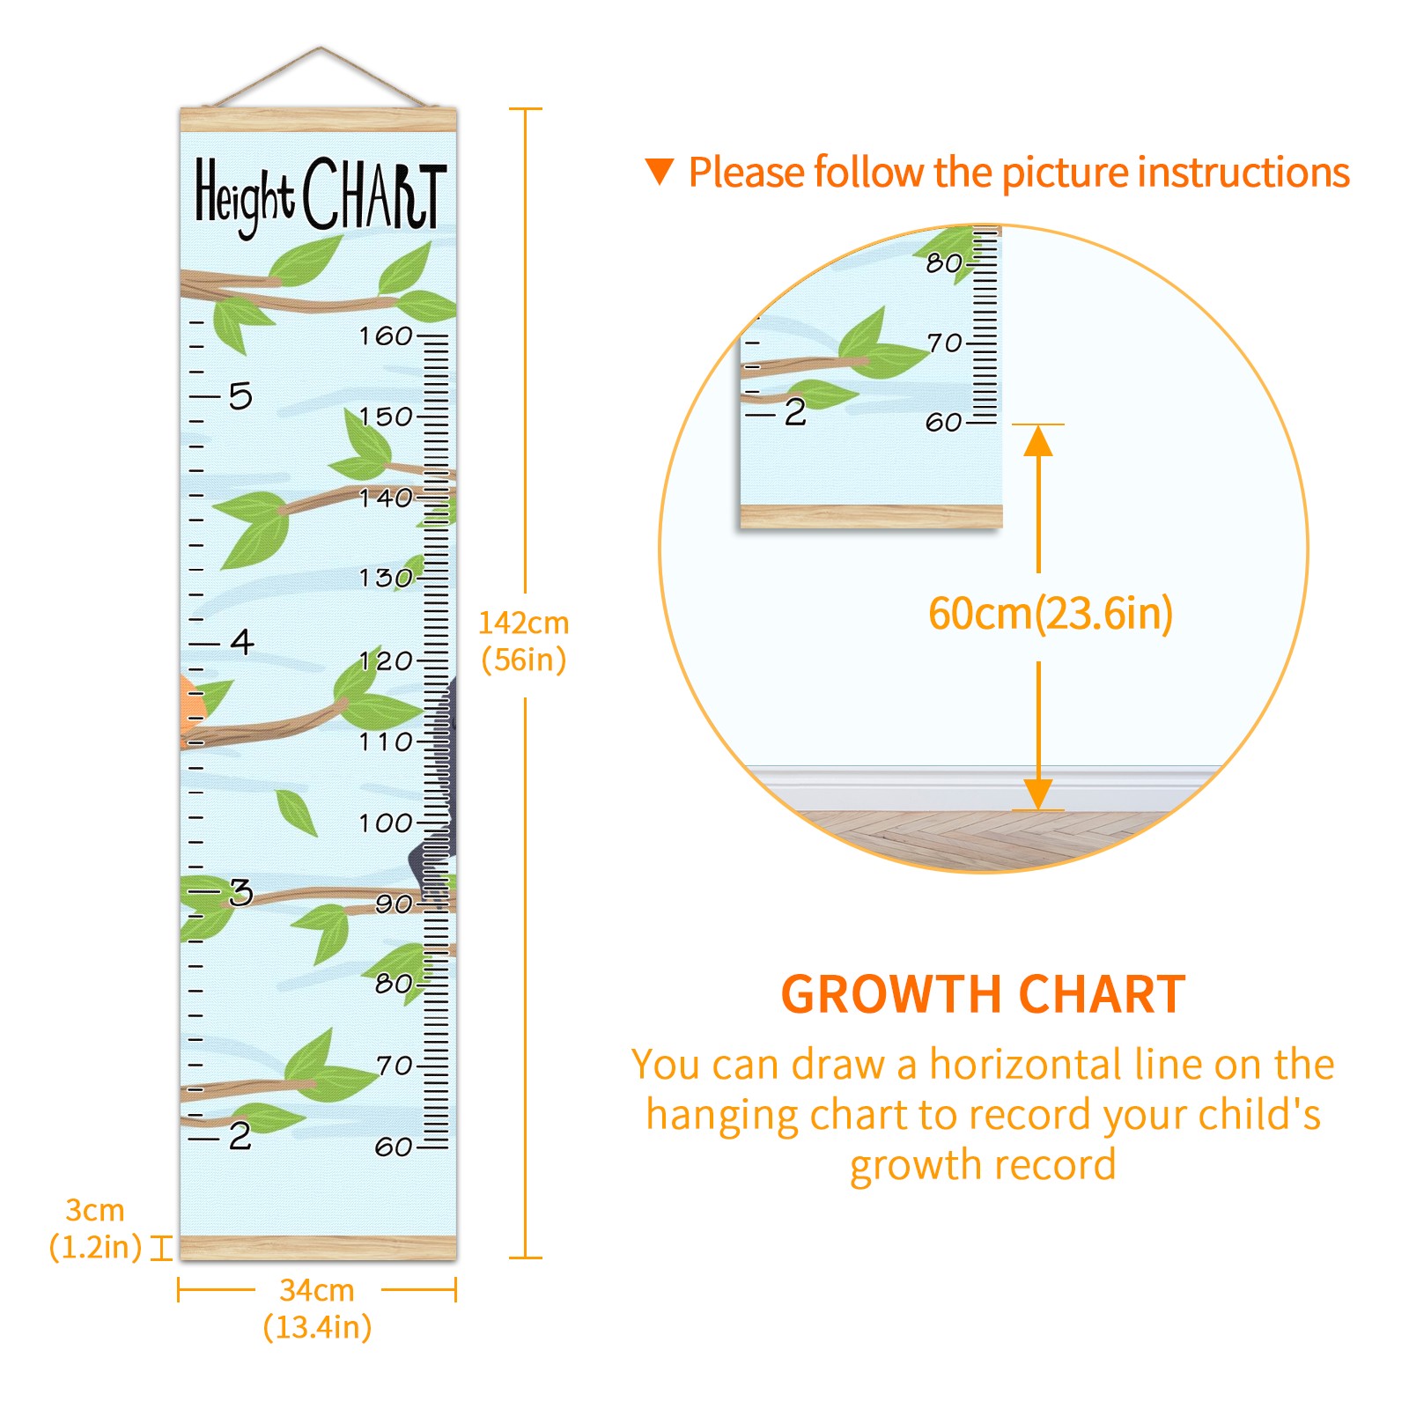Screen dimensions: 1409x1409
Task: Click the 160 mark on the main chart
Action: coord(386,336)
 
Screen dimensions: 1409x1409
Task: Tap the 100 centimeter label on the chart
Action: coord(386,823)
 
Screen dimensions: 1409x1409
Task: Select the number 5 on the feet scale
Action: coord(240,396)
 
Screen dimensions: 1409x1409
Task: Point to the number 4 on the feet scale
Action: coord(242,641)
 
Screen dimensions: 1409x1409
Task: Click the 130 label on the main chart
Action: coord(386,578)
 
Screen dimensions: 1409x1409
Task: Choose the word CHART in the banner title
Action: coord(375,194)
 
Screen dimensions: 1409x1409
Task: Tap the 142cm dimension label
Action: coord(524,623)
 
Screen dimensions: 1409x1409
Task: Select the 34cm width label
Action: coord(317,1290)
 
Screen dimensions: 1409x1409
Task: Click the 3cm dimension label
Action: coord(95,1210)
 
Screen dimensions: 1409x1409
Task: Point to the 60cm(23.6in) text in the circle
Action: coord(1051,613)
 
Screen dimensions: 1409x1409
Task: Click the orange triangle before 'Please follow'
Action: coord(660,171)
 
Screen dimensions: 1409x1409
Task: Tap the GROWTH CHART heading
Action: coord(984,995)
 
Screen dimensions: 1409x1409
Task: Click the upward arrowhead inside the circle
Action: coord(1039,440)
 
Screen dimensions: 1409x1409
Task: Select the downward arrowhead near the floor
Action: coord(1039,794)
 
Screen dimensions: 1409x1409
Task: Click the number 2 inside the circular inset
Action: coord(795,412)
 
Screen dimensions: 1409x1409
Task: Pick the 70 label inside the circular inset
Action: coord(944,343)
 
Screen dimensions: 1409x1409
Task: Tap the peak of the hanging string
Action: coord(321,48)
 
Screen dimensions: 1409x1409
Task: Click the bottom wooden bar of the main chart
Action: coord(319,1248)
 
